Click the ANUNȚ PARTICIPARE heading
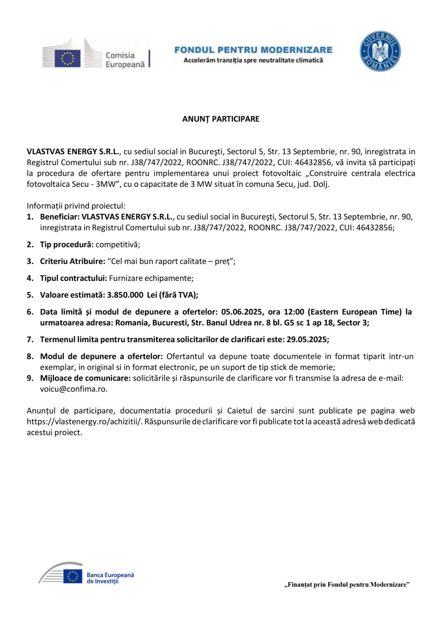pyautogui.click(x=221, y=119)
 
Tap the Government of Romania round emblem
pyautogui.click(x=380, y=51)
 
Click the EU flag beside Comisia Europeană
pyautogui.click(x=68, y=58)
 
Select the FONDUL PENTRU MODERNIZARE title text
pyautogui.click(x=253, y=50)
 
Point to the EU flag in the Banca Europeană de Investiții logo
pyautogui.click(x=72, y=576)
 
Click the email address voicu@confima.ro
pyautogui.click(x=74, y=389)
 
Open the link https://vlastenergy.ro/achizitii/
pyautogui.click(x=85, y=422)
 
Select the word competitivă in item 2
pyautogui.click(x=117, y=245)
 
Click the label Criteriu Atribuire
pyautogui.click(x=72, y=261)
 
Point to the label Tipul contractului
pyautogui.click(x=73, y=278)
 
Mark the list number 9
pyautogui.click(x=30, y=378)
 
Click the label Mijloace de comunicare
pyautogui.click(x=85, y=378)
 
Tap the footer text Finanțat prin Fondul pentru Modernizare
pyautogui.click(x=347, y=585)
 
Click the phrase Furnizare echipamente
pyautogui.click(x=151, y=278)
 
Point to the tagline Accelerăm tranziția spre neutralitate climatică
pyautogui.click(x=253, y=60)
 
